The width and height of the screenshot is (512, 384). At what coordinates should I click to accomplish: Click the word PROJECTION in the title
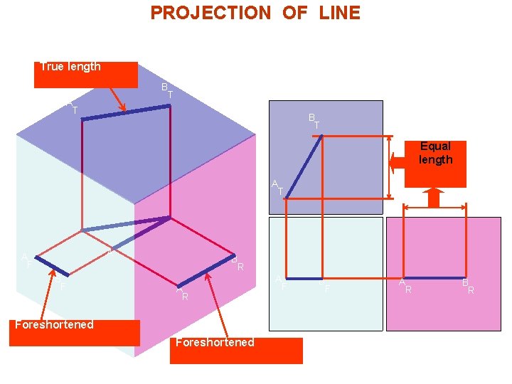point(210,13)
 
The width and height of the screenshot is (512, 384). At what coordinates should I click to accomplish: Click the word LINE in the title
point(339,13)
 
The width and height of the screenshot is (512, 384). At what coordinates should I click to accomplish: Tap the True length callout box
point(85,74)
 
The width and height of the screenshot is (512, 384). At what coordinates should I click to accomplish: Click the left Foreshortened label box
point(74,332)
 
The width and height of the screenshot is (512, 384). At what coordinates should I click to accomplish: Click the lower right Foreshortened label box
point(235,351)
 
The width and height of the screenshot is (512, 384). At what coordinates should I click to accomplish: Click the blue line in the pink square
point(434,277)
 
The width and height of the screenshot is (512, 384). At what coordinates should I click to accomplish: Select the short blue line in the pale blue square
point(303,278)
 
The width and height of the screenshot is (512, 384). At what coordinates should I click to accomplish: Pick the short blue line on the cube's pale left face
point(52,265)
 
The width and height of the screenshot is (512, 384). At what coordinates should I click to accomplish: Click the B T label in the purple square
point(314,120)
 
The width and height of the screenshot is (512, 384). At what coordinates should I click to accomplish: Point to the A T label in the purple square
point(277,187)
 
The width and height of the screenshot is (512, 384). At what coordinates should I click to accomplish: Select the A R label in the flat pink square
point(405,286)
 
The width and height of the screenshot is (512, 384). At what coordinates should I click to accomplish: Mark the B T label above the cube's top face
point(167,90)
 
